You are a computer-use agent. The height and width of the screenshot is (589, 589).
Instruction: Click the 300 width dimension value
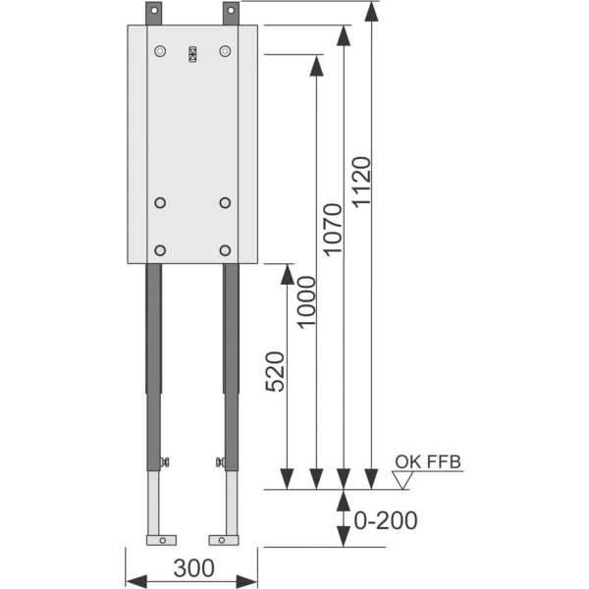coord(193,568)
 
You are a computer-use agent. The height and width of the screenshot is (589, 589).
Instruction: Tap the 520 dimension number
coord(275,372)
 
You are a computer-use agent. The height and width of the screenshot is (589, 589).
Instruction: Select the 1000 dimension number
coord(305,302)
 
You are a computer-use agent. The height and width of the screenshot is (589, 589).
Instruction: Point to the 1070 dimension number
coord(333,230)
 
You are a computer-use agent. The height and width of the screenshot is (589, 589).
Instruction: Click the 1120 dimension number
coord(361,182)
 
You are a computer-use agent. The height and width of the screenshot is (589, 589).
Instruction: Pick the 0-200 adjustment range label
coord(386,520)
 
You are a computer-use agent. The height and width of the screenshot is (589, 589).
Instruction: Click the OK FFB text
coord(428,462)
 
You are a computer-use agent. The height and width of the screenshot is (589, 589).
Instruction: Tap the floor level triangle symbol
coord(402,480)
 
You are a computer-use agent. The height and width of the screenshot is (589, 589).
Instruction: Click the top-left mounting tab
coord(154,14)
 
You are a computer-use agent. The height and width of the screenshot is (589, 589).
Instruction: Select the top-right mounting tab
coord(231,14)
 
